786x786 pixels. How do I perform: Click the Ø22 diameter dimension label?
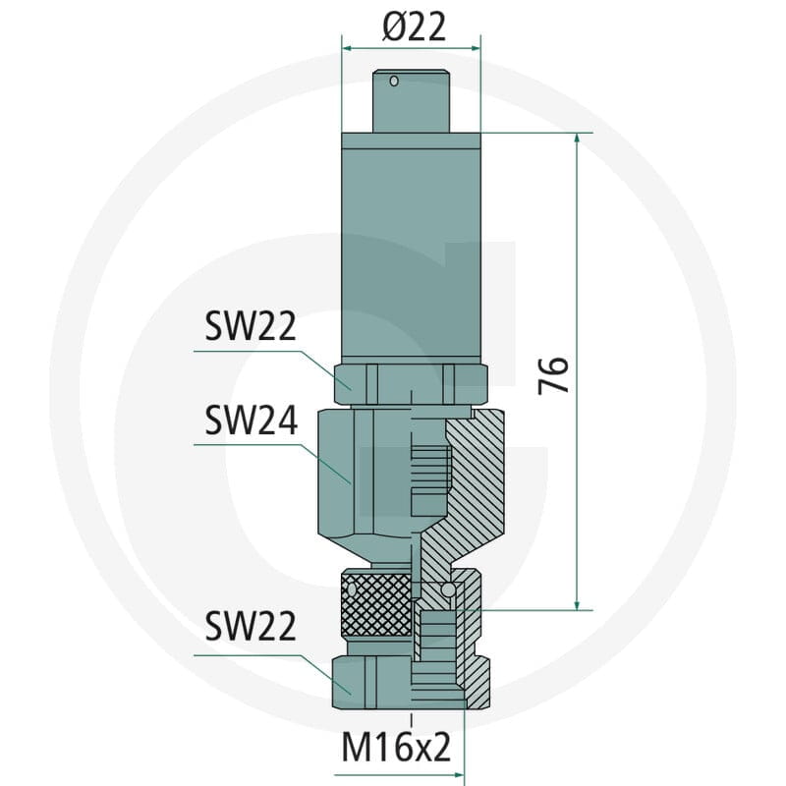click(414, 27)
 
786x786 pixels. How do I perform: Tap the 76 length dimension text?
click(553, 375)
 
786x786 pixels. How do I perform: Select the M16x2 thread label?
click(396, 747)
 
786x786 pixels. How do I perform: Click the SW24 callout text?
click(251, 421)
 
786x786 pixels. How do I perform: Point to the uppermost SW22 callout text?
click(251, 326)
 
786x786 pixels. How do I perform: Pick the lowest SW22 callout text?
click(251, 626)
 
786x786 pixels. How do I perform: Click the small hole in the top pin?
click(394, 81)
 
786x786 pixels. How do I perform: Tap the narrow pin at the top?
click(411, 101)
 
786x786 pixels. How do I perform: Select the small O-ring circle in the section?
click(448, 589)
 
